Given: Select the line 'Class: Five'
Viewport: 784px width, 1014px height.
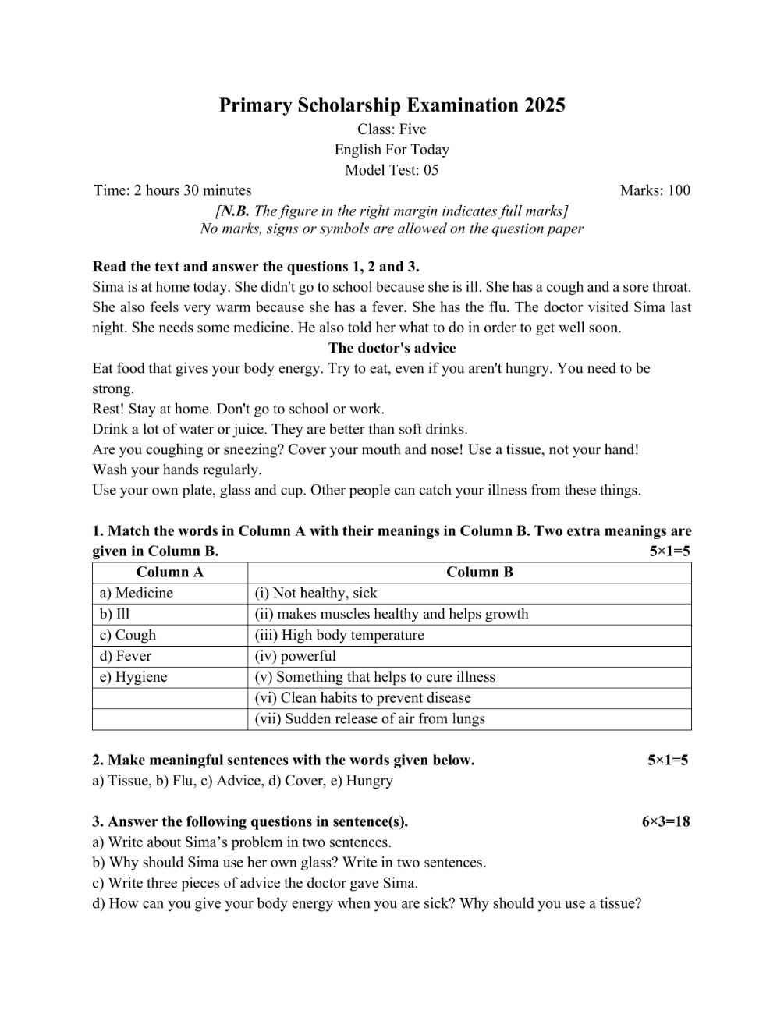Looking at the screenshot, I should tap(392, 129).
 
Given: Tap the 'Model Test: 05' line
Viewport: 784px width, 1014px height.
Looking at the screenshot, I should tap(392, 170).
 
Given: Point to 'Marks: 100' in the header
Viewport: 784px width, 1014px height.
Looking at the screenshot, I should tap(655, 190).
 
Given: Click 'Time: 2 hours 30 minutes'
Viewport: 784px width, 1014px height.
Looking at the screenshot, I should tap(172, 190).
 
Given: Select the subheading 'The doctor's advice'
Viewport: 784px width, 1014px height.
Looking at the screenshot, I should tap(392, 348).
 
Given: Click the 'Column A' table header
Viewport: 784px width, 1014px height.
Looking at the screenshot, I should tap(170, 573).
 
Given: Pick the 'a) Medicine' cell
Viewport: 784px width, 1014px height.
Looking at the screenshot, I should tap(137, 594).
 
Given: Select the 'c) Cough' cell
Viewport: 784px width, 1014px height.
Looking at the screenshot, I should tap(128, 636).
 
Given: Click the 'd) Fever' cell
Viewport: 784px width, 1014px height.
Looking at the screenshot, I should tap(126, 657).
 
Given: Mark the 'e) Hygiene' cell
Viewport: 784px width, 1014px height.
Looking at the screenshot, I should tap(133, 678).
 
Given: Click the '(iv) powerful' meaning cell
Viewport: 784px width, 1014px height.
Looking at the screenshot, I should tap(296, 657).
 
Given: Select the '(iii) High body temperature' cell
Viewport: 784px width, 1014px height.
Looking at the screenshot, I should tap(339, 636).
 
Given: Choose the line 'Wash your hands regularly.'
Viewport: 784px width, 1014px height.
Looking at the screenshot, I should tap(177, 470).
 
